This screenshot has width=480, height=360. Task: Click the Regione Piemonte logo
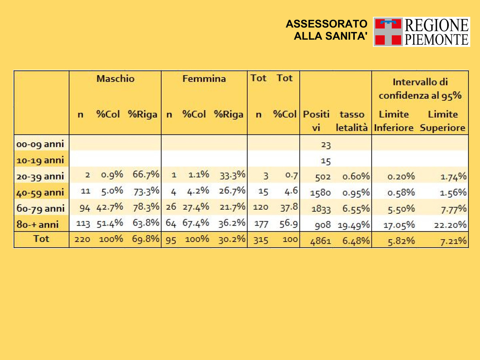421,32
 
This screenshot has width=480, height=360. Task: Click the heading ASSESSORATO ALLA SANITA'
326,30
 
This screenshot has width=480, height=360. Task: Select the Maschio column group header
115,79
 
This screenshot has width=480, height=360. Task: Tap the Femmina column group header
204,79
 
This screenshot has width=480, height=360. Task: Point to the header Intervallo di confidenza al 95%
420,89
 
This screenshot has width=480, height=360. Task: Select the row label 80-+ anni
38,224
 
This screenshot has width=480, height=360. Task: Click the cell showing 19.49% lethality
353,225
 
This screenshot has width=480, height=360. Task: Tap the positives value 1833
321,209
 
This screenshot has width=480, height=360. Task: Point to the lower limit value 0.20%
401,177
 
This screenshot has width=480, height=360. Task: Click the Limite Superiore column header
443,121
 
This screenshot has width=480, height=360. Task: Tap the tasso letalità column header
352,121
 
